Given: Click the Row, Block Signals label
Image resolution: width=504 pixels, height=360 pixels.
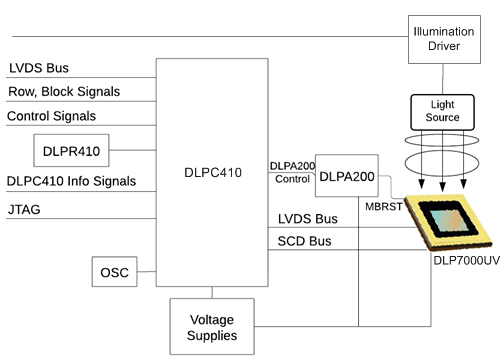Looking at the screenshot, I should [x=64, y=91].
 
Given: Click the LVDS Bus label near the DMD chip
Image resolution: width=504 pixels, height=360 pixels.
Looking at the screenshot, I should [x=307, y=219].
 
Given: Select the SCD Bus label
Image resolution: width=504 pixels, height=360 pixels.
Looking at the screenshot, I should [x=304, y=242].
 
